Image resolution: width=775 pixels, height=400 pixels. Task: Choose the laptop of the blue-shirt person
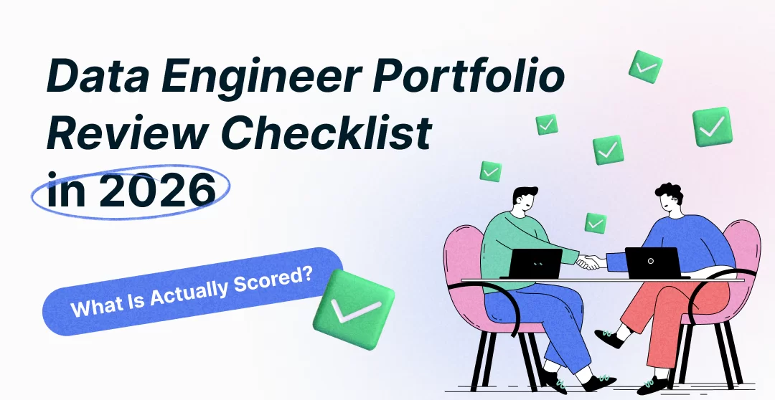point(652,262)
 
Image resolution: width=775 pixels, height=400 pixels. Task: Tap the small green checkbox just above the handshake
point(595,223)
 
